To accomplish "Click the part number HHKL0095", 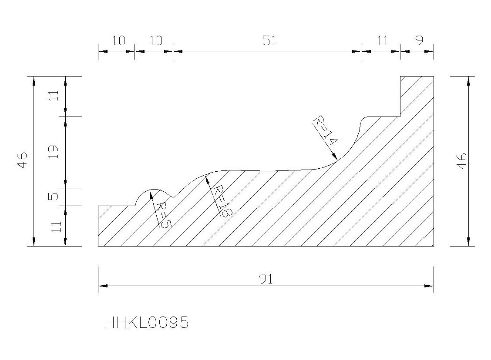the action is pyautogui.click(x=147, y=322).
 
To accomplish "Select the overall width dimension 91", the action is pyautogui.click(x=266, y=279).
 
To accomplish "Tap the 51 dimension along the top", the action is pyautogui.click(x=269, y=41).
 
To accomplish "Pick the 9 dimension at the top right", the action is pyautogui.click(x=420, y=40).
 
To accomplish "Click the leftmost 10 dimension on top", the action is pyautogui.click(x=118, y=41).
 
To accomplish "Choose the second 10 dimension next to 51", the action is pyautogui.click(x=156, y=41).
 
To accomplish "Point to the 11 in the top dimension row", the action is pyautogui.click(x=382, y=41).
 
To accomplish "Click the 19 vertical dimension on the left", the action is pyautogui.click(x=54, y=152).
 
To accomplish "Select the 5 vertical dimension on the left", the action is pyautogui.click(x=54, y=197).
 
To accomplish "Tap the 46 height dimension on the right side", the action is pyautogui.click(x=462, y=161).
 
